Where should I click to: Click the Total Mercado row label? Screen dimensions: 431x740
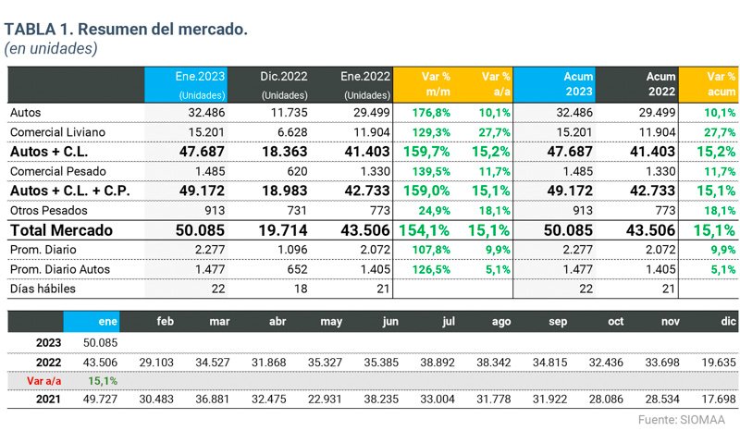(x=61, y=229)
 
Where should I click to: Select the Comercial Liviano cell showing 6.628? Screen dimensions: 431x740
(x=292, y=131)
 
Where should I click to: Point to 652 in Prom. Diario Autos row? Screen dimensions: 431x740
(x=295, y=270)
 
